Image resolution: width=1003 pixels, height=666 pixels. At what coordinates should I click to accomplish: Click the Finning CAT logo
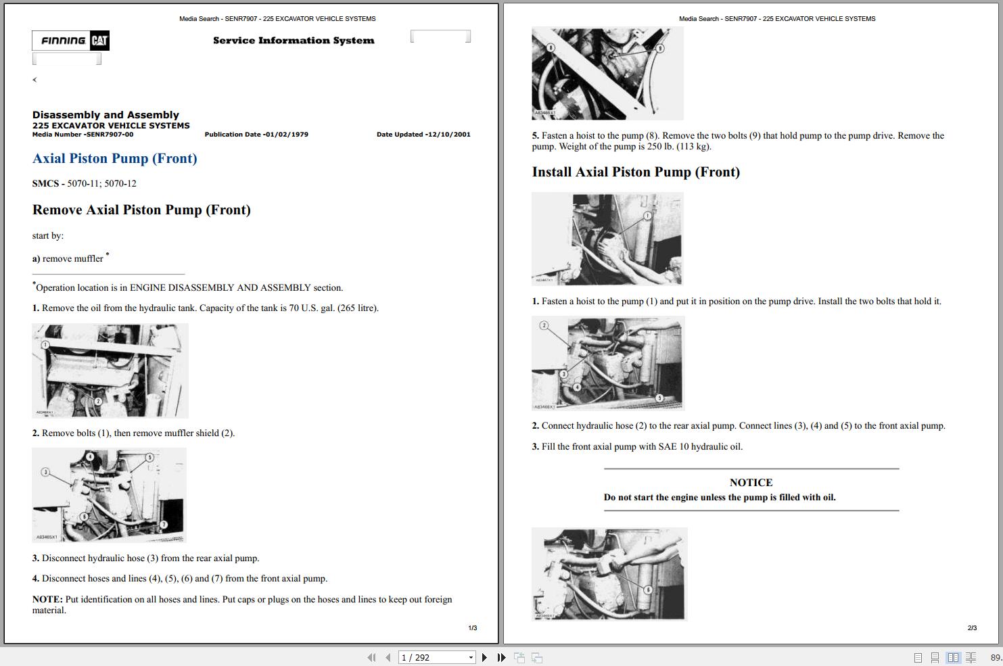pos(70,41)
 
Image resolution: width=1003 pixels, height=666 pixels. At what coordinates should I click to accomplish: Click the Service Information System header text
pos(294,41)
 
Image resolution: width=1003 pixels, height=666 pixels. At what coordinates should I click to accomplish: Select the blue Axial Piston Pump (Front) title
pos(115,159)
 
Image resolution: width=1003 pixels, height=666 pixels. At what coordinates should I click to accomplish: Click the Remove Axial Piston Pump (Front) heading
pos(141,210)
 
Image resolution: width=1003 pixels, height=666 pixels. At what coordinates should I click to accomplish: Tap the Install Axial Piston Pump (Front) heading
pos(636,172)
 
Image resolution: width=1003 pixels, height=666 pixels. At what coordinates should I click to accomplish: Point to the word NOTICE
pos(751,483)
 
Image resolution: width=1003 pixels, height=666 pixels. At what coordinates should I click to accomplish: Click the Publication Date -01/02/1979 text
pos(256,135)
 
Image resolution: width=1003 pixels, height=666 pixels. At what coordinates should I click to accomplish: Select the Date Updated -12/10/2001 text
pos(423,135)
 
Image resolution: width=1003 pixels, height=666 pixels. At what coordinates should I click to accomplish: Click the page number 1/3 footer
pos(473,628)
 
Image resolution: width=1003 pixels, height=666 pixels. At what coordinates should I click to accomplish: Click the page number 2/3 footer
pos(972,628)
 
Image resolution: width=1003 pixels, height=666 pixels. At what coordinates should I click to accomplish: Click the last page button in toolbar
pos(501,657)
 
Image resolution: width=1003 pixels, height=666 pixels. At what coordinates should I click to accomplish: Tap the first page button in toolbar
pos(371,657)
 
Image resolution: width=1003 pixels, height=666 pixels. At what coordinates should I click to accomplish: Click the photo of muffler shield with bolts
pos(110,371)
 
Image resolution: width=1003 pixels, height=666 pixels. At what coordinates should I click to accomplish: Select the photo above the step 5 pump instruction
pos(607,73)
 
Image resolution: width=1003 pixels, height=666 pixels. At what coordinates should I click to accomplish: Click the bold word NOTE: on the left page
pos(47,600)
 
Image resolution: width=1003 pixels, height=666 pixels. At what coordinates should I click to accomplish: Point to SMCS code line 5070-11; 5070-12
pos(85,184)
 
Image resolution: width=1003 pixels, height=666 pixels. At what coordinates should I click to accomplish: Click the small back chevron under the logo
pos(34,80)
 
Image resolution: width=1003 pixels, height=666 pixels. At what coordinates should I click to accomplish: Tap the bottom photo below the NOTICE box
pos(609,573)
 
